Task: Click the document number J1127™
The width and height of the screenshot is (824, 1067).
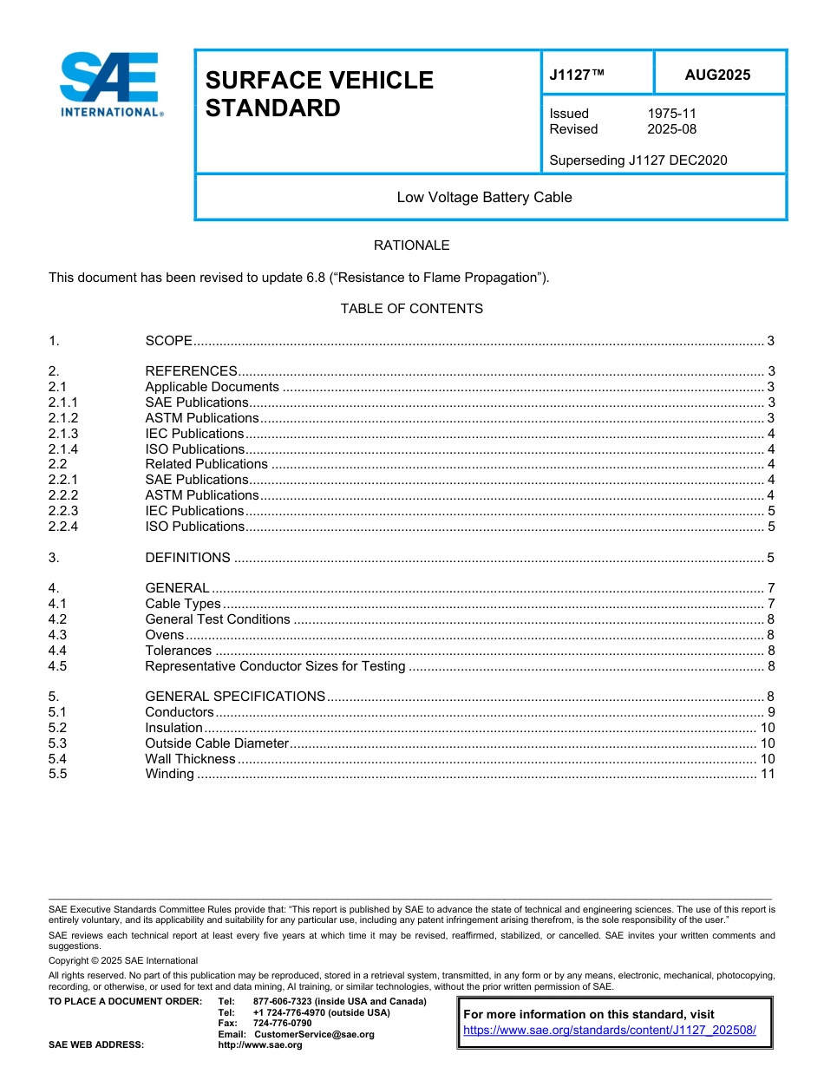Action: coord(576,75)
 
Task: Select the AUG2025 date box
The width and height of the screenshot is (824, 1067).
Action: coord(717,75)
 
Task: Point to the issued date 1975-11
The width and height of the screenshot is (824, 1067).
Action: coord(671,114)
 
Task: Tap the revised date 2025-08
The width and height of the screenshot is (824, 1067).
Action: coord(671,129)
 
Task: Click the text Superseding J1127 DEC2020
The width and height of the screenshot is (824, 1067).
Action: coord(638,160)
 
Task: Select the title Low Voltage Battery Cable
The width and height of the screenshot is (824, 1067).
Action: coord(484,197)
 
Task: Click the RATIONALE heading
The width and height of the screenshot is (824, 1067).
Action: coord(411,245)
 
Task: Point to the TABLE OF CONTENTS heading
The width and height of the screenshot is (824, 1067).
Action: coord(411,309)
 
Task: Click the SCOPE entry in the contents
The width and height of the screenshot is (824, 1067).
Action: coord(168,340)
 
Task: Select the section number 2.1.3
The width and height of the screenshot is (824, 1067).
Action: coord(63,434)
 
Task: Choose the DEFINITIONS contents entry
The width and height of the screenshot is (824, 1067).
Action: coord(187,558)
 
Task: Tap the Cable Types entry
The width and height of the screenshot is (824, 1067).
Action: coord(182,604)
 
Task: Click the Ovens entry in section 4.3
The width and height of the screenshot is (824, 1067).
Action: coord(164,635)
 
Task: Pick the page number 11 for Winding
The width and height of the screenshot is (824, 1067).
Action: coord(767,774)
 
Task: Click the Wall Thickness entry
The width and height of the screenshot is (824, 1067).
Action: coord(190,759)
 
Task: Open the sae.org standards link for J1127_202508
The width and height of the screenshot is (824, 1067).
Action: coord(610,1030)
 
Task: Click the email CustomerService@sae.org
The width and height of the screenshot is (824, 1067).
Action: coord(314,1034)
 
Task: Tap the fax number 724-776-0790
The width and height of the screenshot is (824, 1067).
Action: coord(282,1024)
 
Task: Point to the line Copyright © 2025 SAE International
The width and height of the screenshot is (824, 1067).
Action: coord(123,960)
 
